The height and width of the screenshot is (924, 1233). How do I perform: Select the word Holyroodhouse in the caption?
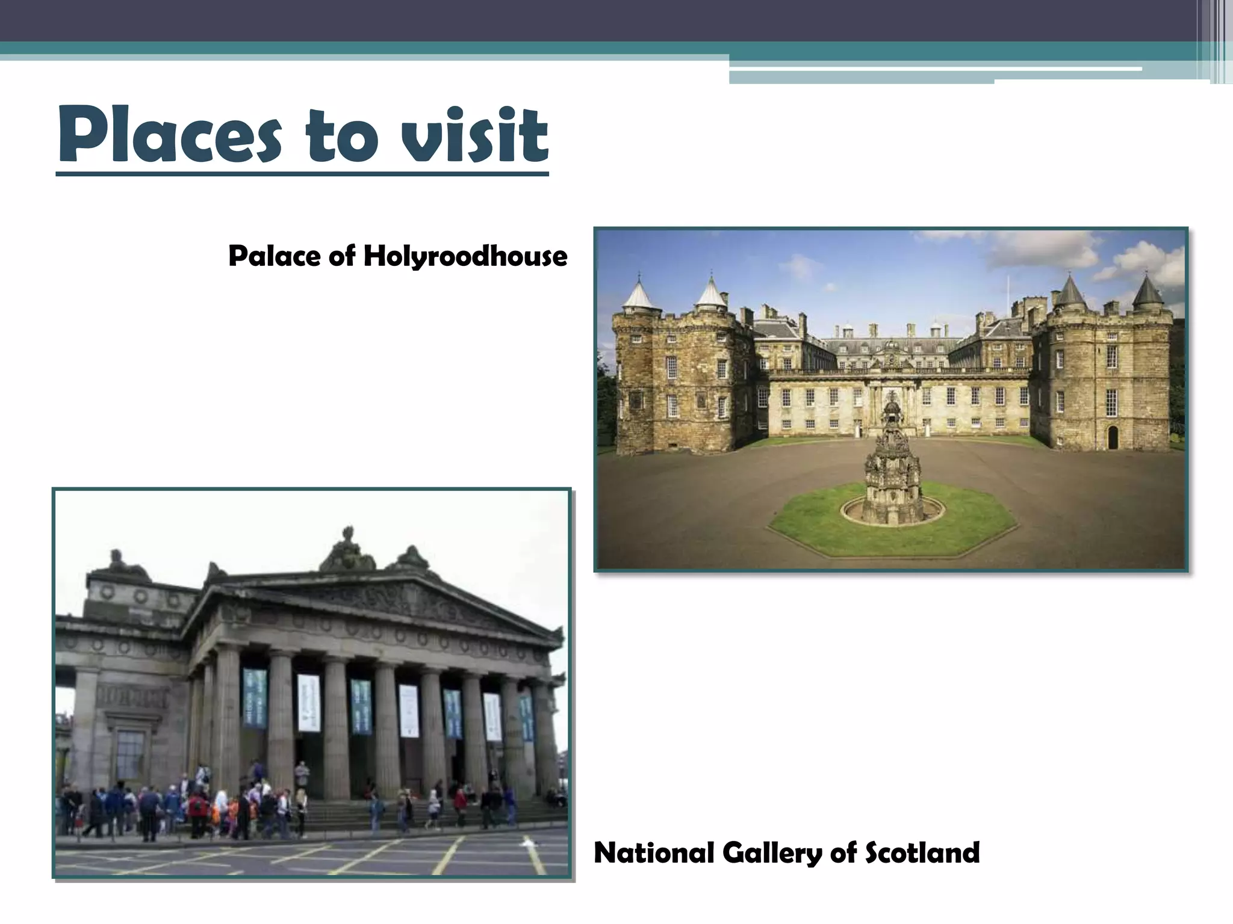click(465, 256)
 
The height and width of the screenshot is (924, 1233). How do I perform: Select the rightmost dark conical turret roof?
click(1148, 290)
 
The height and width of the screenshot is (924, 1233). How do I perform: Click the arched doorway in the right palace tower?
click(1112, 437)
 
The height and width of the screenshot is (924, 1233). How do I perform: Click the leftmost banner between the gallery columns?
click(255, 698)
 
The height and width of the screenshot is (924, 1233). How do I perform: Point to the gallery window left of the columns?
click(129, 755)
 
